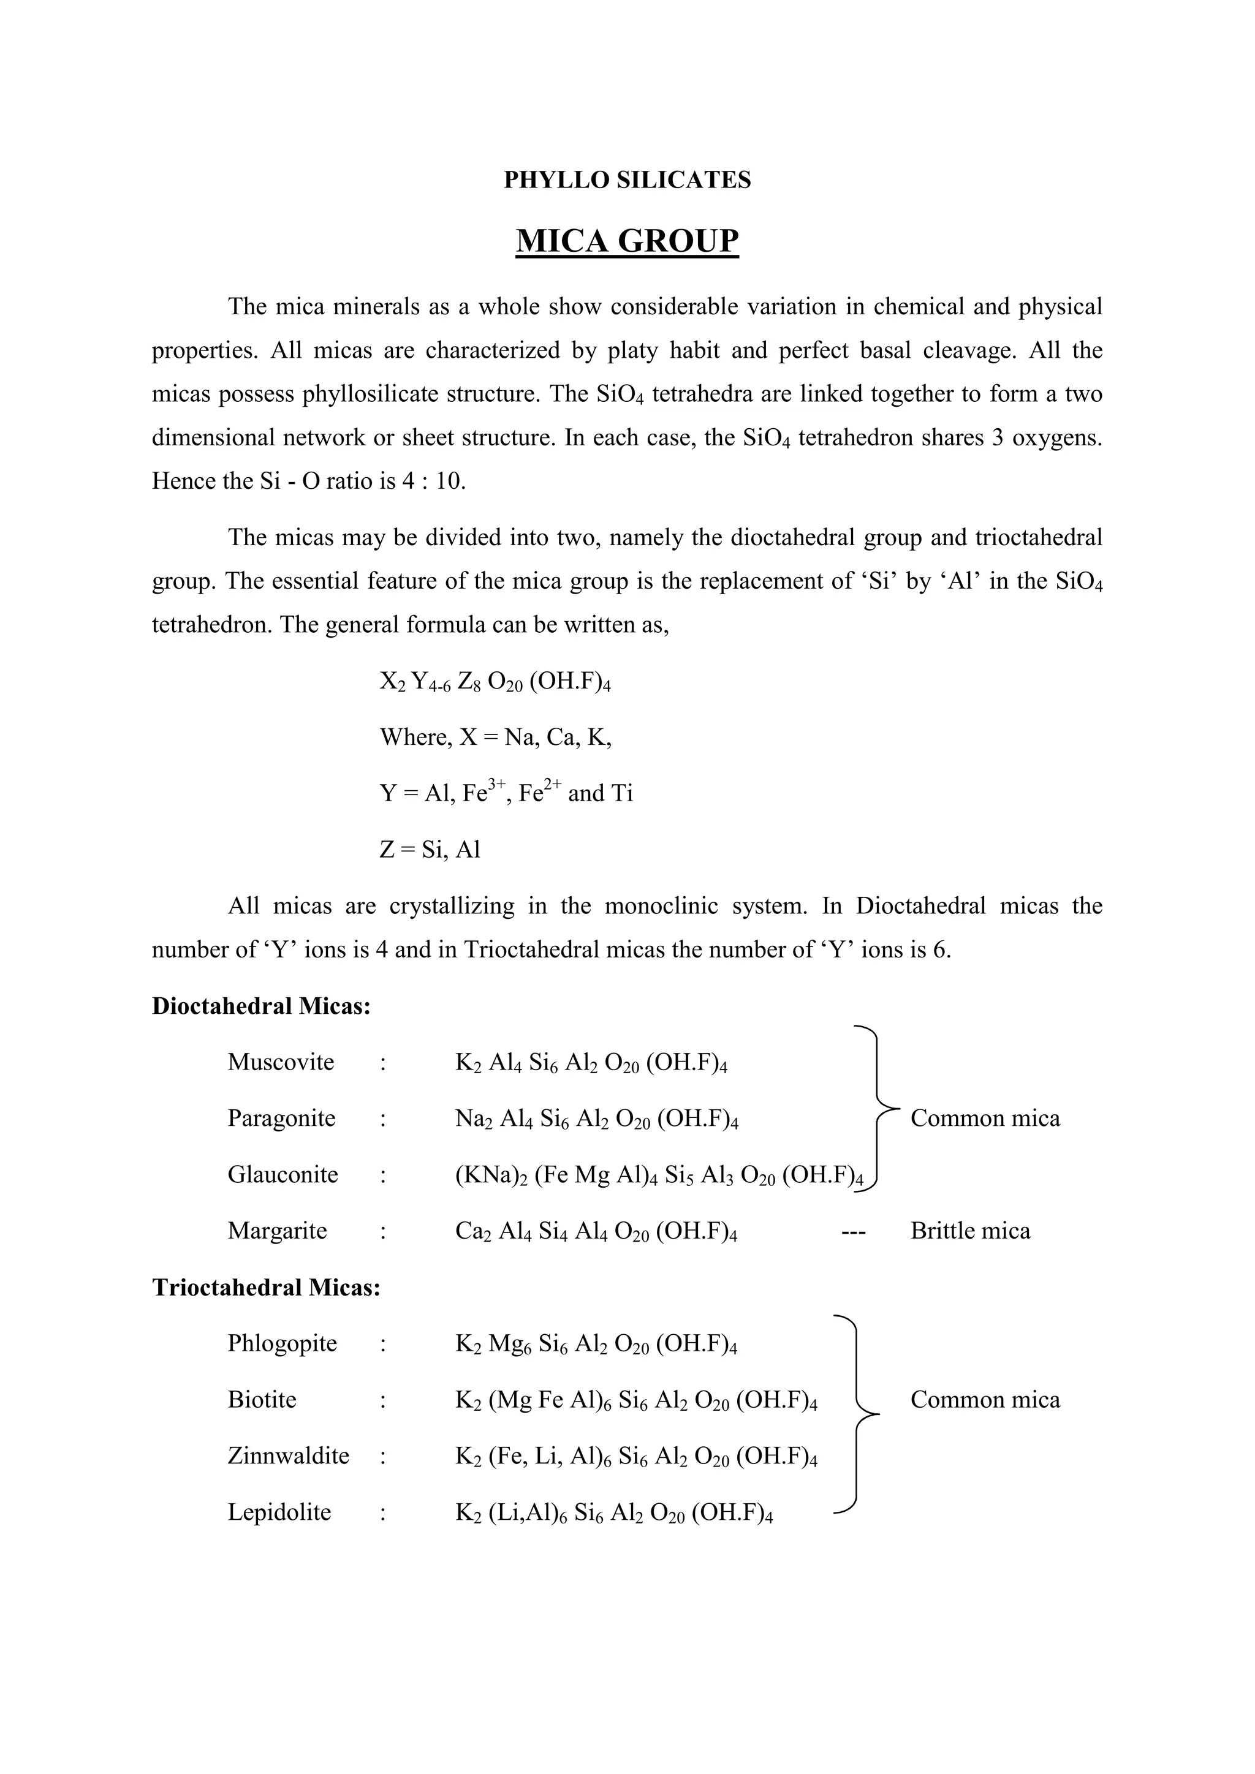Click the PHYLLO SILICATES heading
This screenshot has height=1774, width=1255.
click(627, 180)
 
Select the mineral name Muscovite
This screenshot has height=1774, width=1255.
click(281, 1062)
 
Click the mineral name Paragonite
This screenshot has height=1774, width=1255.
click(281, 1119)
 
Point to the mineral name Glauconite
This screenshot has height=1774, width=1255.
click(283, 1175)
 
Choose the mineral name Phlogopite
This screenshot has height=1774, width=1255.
click(282, 1343)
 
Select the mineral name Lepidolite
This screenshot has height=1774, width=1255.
click(279, 1512)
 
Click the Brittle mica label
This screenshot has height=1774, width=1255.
click(970, 1231)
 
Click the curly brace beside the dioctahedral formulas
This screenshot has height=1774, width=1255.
click(879, 1109)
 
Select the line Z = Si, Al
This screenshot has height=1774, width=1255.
click(430, 850)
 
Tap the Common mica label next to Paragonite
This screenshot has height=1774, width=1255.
click(985, 1119)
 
